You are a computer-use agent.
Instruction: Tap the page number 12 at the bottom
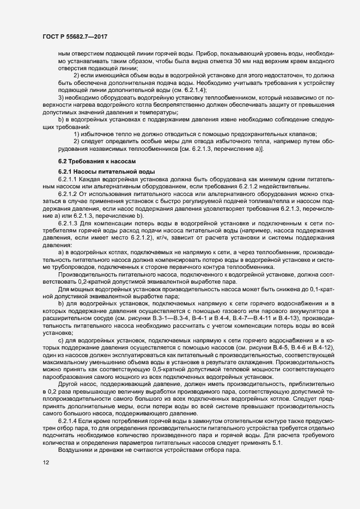click(45, 478)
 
